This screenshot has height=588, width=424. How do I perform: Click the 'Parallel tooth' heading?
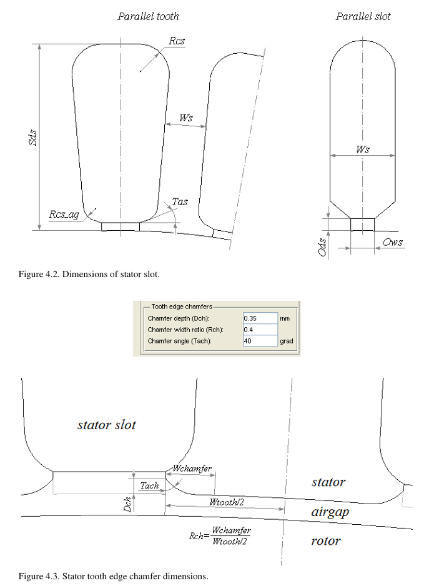coord(148,16)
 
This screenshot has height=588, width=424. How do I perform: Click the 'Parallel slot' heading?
coord(363,16)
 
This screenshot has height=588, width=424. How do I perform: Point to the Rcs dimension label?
coord(177,41)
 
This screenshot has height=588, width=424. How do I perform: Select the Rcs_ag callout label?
coord(64,215)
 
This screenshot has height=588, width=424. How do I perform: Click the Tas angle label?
coord(179,202)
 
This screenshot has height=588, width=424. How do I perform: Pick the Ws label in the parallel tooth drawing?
coord(186,118)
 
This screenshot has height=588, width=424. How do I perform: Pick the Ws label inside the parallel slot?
coord(362,149)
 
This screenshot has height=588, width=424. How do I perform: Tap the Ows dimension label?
coord(392,242)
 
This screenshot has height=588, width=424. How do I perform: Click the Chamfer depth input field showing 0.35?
coord(259,318)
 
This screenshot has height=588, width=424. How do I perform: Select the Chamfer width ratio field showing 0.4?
coord(259,330)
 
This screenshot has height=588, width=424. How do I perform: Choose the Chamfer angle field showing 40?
coord(259,341)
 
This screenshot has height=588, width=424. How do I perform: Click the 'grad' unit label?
coord(287,342)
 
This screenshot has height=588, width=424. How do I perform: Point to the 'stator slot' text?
coord(106,425)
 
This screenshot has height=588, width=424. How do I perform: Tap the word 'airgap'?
coord(329,512)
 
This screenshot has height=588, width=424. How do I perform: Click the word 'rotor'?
coord(325,540)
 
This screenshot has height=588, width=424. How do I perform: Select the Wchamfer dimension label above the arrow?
coord(192,469)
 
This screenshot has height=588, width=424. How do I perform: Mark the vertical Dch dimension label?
coord(127,504)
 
